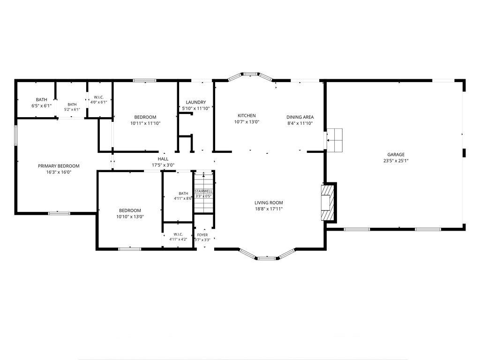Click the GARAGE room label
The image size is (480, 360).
tap(396, 155)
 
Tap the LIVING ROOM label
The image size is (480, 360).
tap(269, 202)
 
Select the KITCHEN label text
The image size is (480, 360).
tap(247, 116)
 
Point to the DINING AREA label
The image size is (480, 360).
tap(300, 117)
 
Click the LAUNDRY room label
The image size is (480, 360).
tap(196, 102)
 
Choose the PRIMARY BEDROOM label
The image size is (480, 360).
tap(59, 166)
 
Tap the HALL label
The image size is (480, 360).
tap(163, 159)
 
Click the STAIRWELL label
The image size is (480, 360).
tap(203, 191)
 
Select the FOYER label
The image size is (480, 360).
tap(202, 235)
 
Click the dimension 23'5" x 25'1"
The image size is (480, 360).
tap(396, 161)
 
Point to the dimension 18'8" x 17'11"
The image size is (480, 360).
tap(269, 209)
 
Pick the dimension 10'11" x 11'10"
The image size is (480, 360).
tap(145, 123)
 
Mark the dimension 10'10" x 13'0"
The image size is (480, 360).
tap(130, 217)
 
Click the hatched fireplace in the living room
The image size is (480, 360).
tap(328, 202)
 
